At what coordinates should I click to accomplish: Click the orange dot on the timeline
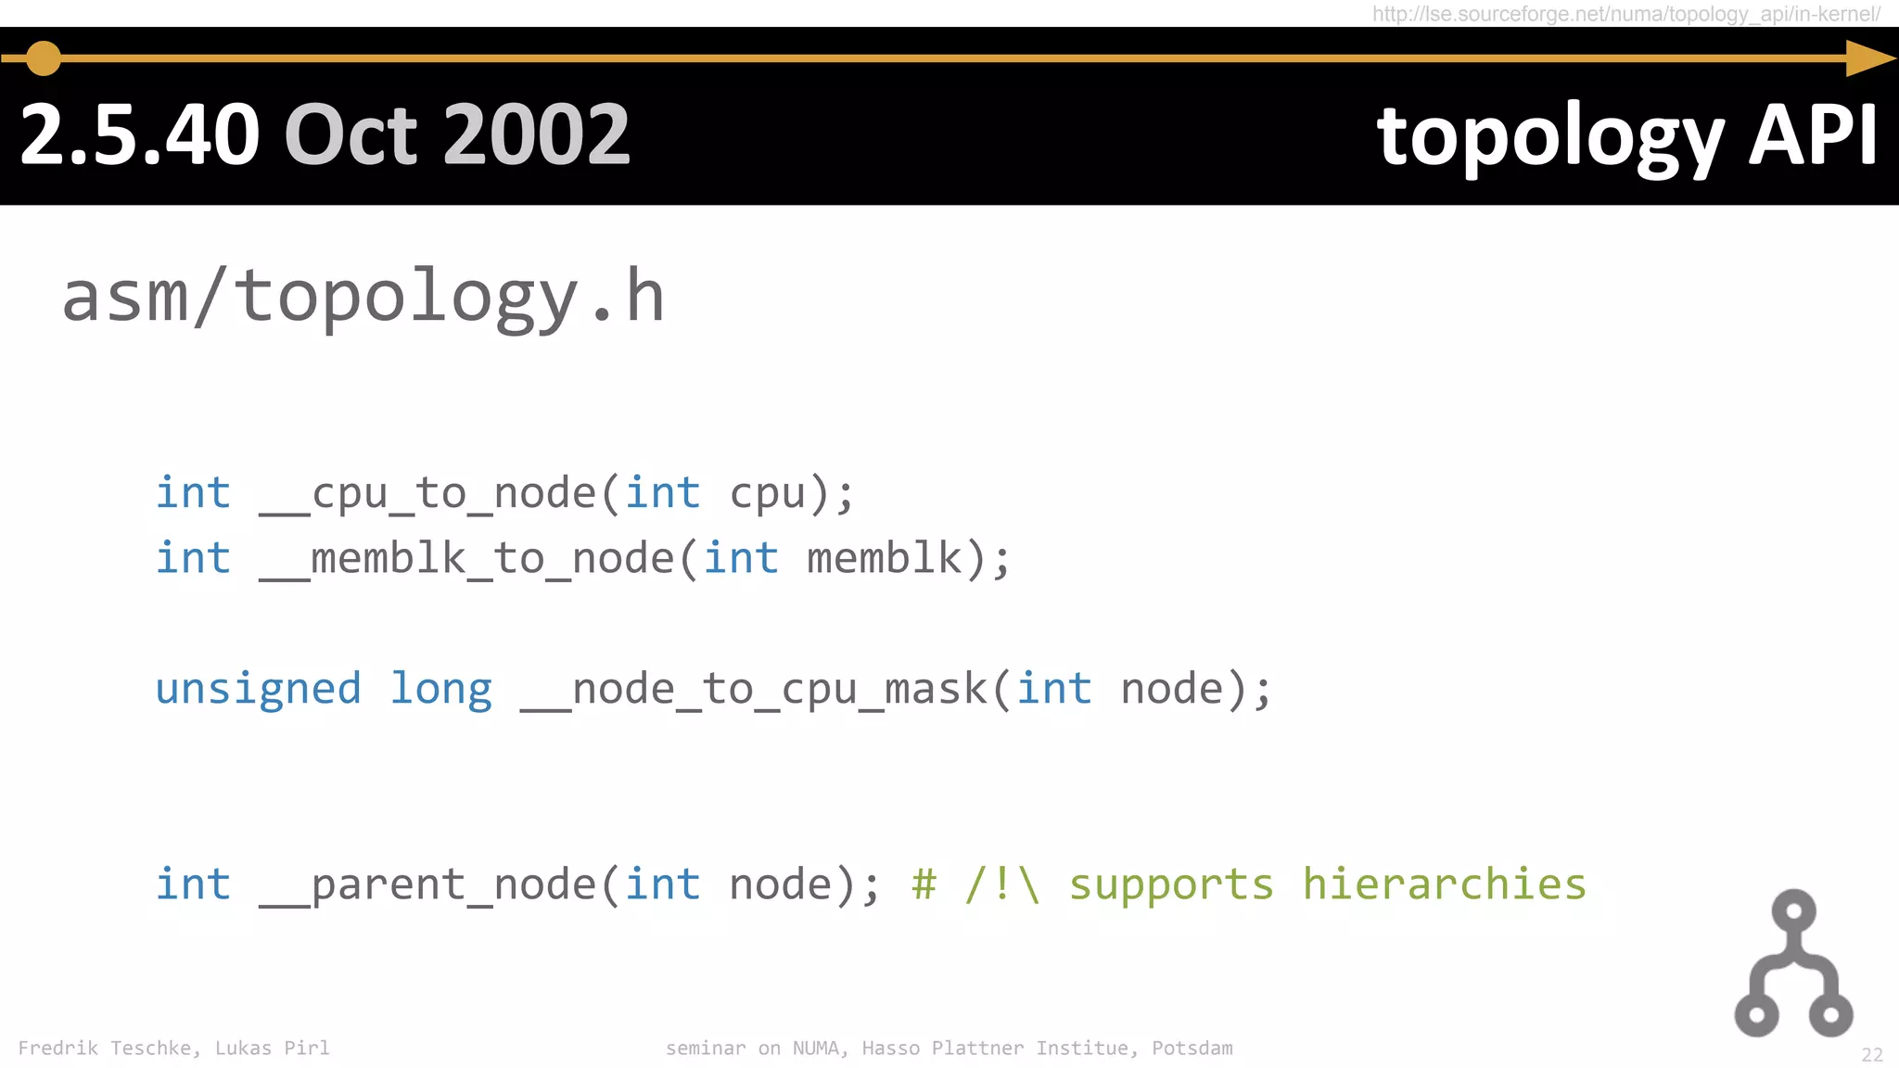click(x=43, y=58)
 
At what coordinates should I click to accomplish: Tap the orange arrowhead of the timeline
click(x=1868, y=58)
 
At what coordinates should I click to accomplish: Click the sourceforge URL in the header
click(x=1626, y=14)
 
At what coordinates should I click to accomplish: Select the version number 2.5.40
click(x=139, y=135)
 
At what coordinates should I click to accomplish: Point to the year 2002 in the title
click(x=537, y=135)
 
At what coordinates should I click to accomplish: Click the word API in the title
click(x=1813, y=135)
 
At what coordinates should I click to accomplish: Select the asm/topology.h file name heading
click(x=363, y=297)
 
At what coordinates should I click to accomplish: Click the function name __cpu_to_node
click(x=428, y=492)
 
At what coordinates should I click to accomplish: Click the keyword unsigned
click(x=258, y=689)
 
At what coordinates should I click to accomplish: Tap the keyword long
click(x=440, y=689)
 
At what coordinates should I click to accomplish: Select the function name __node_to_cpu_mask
click(x=754, y=689)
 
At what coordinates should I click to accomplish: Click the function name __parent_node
click(x=428, y=884)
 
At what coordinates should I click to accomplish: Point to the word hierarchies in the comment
click(x=1444, y=884)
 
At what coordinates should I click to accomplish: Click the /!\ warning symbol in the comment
click(x=1002, y=884)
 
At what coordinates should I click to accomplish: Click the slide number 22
click(x=1871, y=1055)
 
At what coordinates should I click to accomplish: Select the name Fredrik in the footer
click(x=57, y=1049)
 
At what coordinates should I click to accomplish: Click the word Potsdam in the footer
click(x=1192, y=1049)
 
